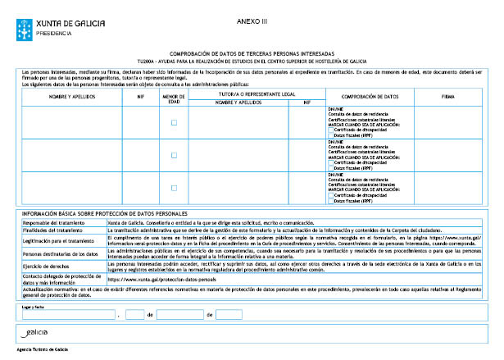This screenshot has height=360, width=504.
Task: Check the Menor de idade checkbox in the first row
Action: [174, 122]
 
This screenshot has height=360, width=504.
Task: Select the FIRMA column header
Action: [447, 97]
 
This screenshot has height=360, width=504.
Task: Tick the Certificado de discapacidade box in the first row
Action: [330, 129]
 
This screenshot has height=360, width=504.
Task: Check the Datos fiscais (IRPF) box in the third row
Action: [330, 201]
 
